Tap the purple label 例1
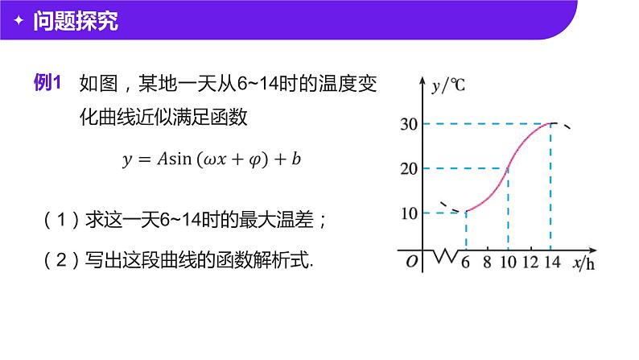point(47,83)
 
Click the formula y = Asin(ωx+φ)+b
point(212,159)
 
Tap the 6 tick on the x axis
point(464,263)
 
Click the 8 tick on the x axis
point(487,263)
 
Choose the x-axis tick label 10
point(507,263)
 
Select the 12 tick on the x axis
point(530,263)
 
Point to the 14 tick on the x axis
point(551,263)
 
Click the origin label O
point(411,262)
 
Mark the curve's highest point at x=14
point(550,123)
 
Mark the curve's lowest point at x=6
point(466,213)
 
